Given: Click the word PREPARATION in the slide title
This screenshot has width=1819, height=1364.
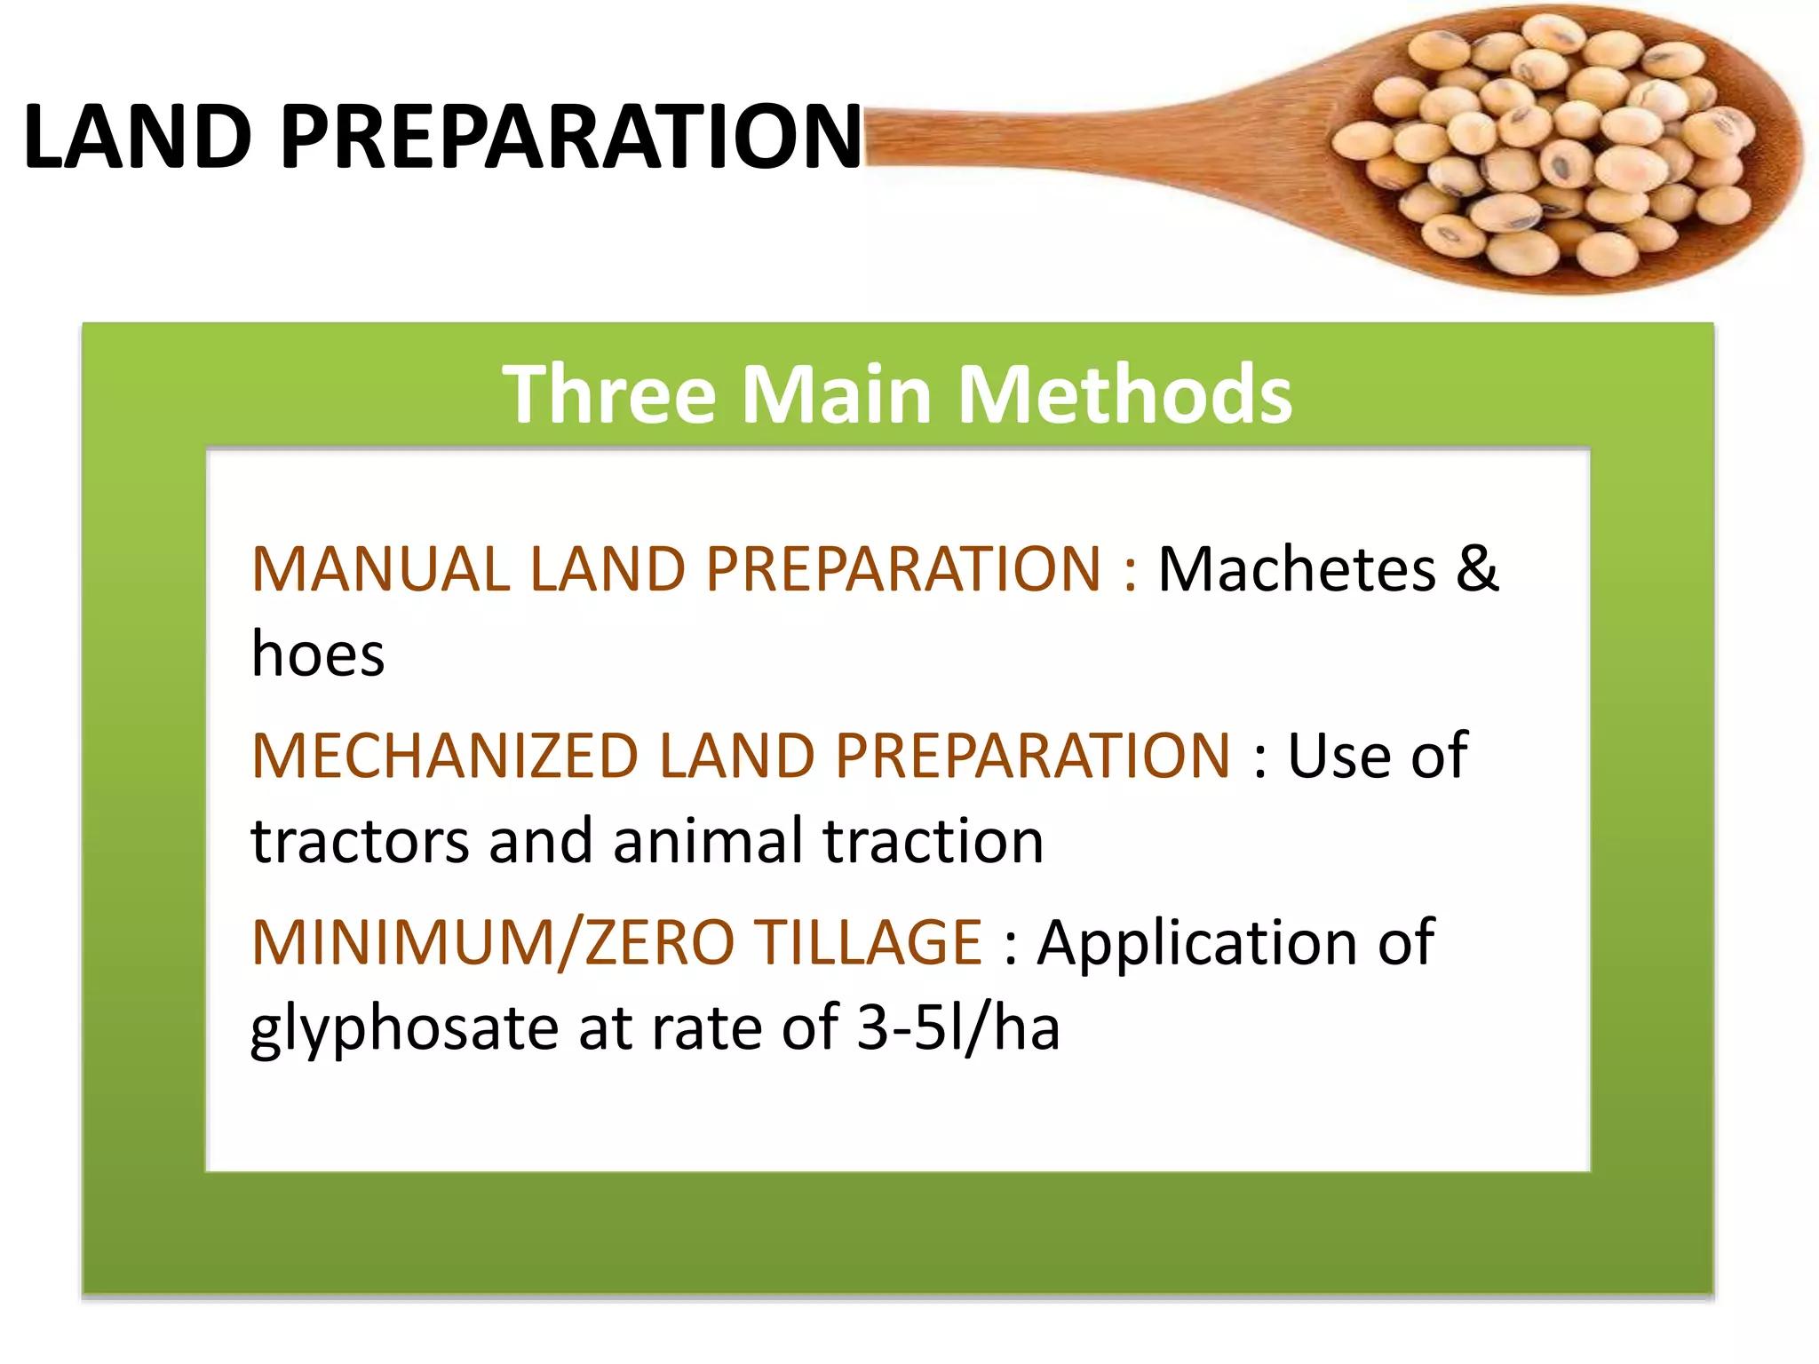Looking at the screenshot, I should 570,137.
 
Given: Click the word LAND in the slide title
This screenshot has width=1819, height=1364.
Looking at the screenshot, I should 138,137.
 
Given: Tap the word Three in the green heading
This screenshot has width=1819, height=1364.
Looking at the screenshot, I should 609,394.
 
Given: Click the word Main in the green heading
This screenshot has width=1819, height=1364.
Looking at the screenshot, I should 836,394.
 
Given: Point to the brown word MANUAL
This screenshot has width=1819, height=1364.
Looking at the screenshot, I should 380,569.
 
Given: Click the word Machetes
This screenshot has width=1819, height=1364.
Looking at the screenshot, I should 1296,569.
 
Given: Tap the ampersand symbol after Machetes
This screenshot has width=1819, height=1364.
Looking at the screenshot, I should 1476,569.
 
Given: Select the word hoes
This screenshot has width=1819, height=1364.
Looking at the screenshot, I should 318,654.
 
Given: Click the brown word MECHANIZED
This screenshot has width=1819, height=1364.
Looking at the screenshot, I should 445,757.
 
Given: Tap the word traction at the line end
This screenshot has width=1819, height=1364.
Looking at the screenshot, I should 933,842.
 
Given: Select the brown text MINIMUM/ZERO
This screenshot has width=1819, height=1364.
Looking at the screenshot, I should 493,943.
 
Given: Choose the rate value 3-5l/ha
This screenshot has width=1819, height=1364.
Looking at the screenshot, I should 957,1028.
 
